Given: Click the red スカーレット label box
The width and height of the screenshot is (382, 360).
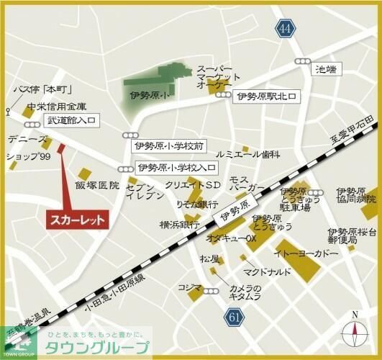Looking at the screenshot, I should click(x=77, y=218).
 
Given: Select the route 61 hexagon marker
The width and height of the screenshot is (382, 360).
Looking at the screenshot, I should click(x=233, y=317).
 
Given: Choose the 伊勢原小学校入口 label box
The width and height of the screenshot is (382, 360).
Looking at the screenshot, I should click(x=176, y=168).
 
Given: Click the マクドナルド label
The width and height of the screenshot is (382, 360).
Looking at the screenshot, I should click(x=267, y=271).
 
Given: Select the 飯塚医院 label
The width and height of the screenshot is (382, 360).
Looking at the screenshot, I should click(x=96, y=186).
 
